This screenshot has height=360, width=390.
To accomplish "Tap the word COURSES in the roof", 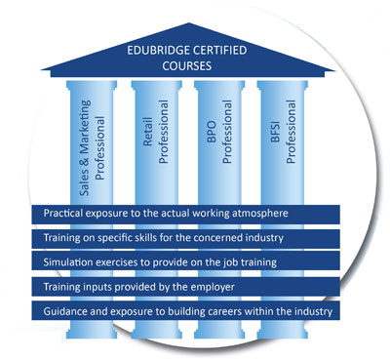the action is pos(187,66).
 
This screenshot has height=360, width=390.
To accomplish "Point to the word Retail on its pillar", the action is pos(148,132).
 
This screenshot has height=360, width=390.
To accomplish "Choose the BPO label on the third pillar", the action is pos(212,132).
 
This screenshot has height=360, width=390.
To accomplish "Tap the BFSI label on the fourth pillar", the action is pos(275,132).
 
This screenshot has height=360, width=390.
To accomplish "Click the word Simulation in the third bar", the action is pos(64,262).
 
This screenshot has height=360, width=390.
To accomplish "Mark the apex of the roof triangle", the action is pos(188,22).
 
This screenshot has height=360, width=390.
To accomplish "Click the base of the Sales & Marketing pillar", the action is pos(92,333).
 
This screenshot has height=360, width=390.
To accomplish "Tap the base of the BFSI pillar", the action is pos(283,333).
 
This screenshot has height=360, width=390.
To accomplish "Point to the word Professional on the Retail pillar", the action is pos(164,132).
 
